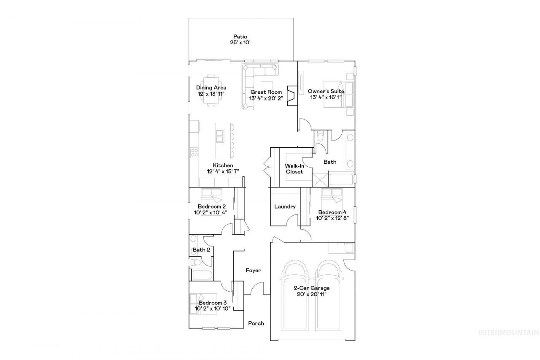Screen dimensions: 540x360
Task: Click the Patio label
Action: [x=240, y=37]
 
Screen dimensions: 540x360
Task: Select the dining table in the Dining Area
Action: [x=211, y=90]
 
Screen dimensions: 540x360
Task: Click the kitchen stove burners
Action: [x=194, y=153]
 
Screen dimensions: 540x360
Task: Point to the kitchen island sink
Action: [x=220, y=136]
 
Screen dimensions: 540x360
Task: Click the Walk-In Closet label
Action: [x=294, y=169]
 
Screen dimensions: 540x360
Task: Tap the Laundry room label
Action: [x=285, y=206]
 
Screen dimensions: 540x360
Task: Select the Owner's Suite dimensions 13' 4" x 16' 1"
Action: [x=326, y=97]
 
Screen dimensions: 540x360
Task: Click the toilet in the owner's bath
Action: [x=321, y=136]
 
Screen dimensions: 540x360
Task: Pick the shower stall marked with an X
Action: [x=320, y=179]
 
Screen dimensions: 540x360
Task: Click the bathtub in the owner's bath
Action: [x=341, y=179]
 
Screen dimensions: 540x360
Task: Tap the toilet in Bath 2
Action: [x=196, y=262]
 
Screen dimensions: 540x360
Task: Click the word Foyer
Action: [x=253, y=270]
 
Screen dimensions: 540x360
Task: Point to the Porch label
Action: [x=256, y=323]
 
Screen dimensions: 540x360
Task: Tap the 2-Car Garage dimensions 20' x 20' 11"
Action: [x=312, y=295]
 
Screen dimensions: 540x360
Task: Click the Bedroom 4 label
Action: [x=332, y=212]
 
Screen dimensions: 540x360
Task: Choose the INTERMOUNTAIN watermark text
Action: [x=509, y=333]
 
